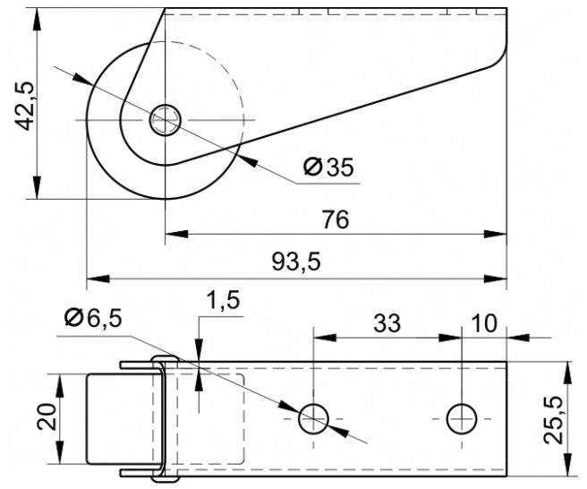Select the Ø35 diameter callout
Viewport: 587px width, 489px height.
328,167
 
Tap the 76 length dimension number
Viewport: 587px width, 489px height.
336,219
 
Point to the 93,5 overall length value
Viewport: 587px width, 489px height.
296,262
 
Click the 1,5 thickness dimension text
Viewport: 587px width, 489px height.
223,301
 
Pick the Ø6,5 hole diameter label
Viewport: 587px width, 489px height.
93,319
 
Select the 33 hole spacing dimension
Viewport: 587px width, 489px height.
387,323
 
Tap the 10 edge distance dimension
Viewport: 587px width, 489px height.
484,323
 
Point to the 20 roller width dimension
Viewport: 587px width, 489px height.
47,416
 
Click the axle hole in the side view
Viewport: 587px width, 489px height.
166,120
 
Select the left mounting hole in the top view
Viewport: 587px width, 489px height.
313,419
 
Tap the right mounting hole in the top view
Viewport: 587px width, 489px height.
462,419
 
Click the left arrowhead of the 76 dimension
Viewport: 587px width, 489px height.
176,234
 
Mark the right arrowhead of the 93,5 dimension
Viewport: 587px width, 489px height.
496,279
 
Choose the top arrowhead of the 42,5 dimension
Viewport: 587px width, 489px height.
37,19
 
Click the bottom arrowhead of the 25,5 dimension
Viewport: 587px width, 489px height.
567,465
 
